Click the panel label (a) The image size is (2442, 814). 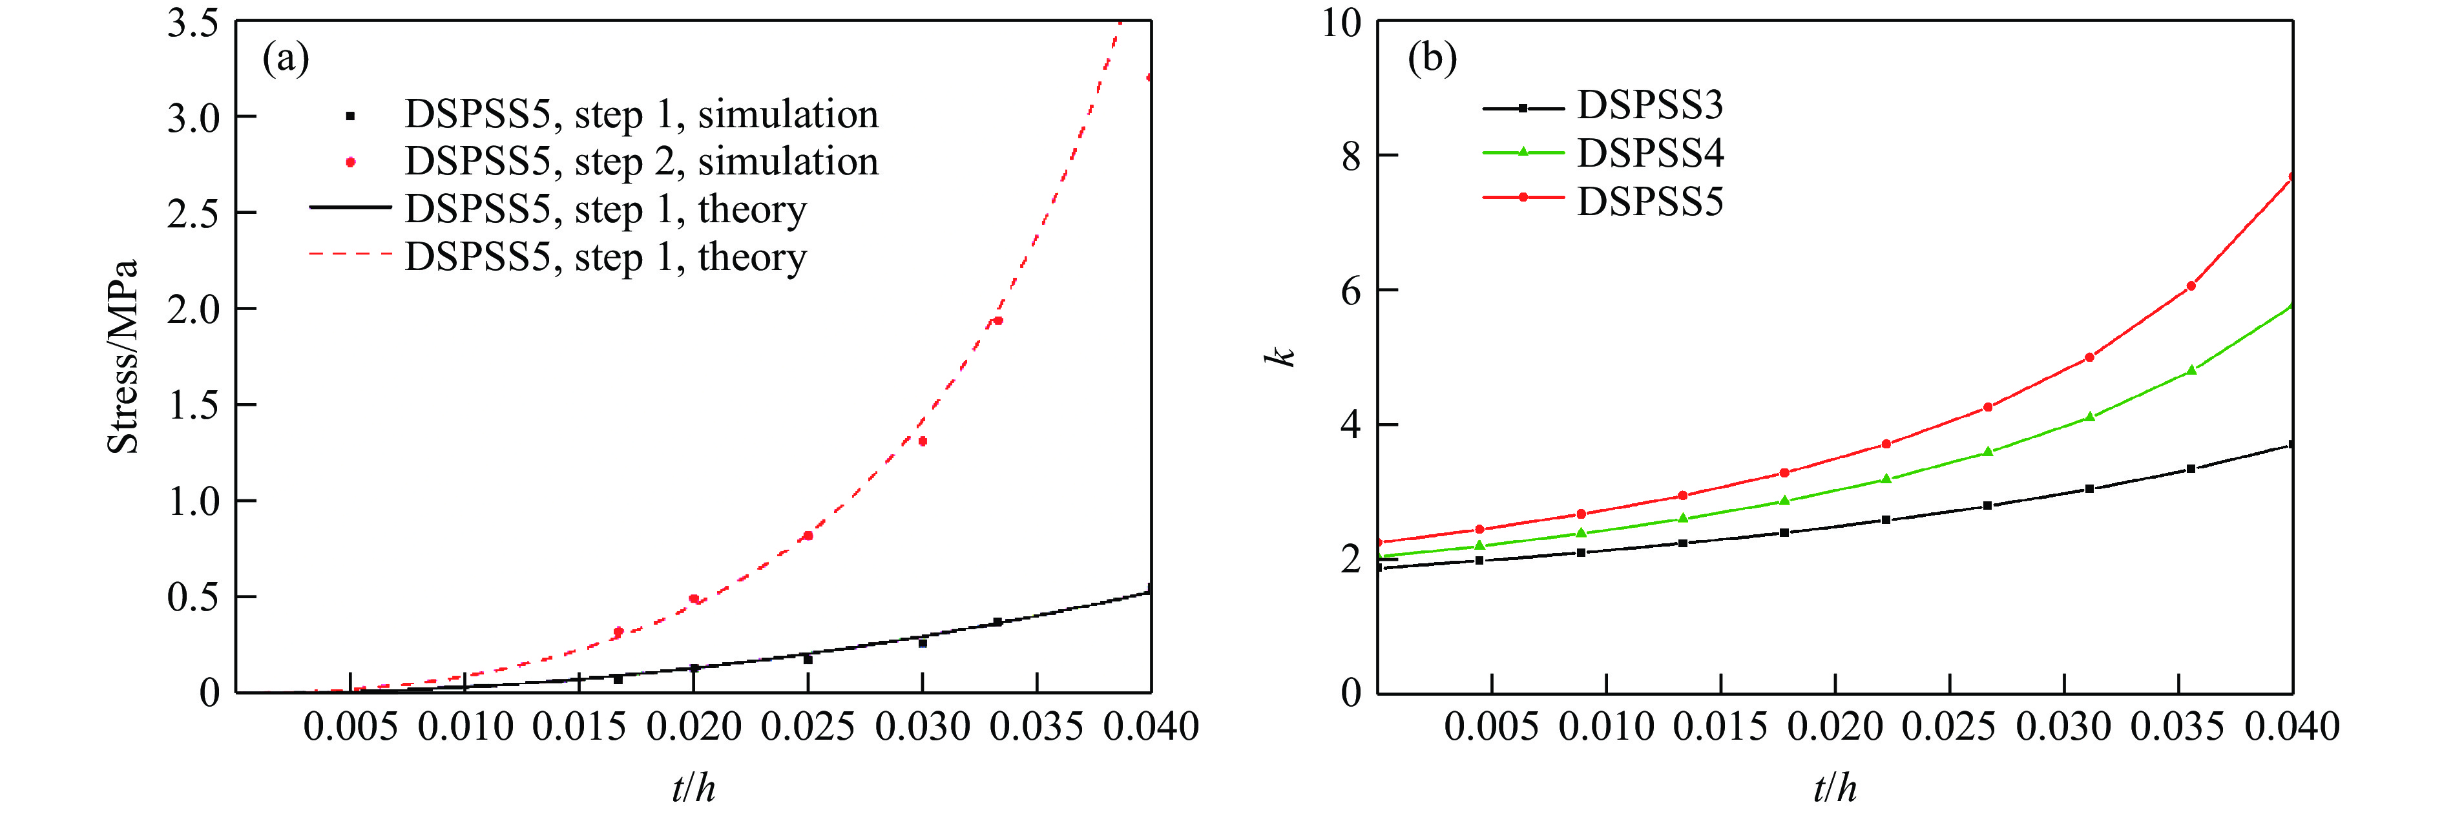[x=286, y=59]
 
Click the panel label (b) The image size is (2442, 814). [x=1432, y=59]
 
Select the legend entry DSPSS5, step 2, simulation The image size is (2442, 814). [x=641, y=162]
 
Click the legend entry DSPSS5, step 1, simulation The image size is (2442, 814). [x=641, y=114]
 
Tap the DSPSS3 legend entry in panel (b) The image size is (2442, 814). [x=1649, y=105]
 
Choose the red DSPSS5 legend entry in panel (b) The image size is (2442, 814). [x=1649, y=202]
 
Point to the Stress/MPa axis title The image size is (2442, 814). [x=123, y=357]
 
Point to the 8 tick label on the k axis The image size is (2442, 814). [x=1350, y=156]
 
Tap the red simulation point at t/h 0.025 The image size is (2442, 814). [x=808, y=536]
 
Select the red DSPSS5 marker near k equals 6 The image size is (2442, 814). [x=2191, y=286]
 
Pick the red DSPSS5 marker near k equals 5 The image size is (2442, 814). [x=2089, y=357]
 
